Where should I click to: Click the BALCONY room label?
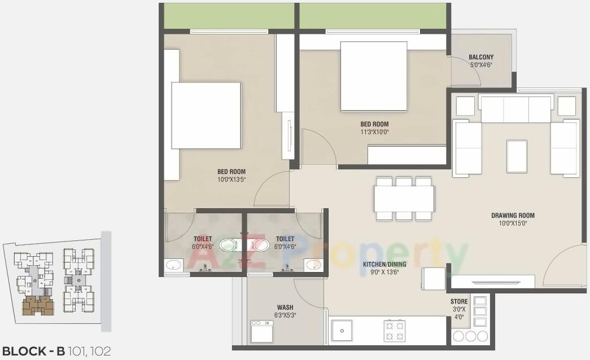coord(481,57)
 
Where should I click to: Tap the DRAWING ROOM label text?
coord(512,215)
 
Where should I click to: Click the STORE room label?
coord(458,302)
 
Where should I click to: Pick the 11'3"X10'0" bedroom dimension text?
coord(374,132)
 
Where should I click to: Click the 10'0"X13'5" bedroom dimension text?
coord(231,179)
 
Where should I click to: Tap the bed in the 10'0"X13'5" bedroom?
coord(206,115)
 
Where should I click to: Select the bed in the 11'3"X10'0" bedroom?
coord(374,76)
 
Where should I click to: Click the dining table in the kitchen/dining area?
coord(404,199)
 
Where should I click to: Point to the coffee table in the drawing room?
coord(517,156)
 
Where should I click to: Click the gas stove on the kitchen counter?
coord(395,331)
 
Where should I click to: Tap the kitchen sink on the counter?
coord(342,331)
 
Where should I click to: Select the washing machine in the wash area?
coord(262,331)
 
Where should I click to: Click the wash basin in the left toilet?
coord(174,265)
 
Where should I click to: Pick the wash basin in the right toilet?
coord(313,265)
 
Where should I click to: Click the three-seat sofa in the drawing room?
coord(515,109)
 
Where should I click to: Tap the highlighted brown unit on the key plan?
coord(38,306)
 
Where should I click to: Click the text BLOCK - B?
coord(33,351)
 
